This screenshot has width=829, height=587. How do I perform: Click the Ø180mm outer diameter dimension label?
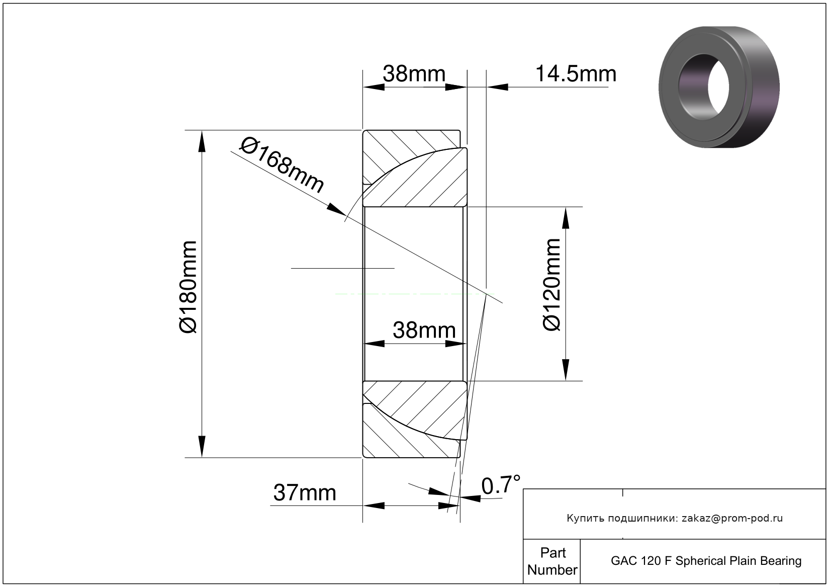click(188, 287)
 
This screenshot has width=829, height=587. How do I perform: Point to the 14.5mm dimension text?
click(576, 74)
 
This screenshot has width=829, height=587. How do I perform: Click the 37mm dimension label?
click(305, 493)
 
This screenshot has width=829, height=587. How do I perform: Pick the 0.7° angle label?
click(501, 485)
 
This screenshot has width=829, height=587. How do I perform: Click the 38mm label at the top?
click(414, 74)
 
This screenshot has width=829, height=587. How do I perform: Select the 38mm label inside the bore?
click(424, 330)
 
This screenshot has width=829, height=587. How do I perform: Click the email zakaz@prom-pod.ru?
click(732, 519)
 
